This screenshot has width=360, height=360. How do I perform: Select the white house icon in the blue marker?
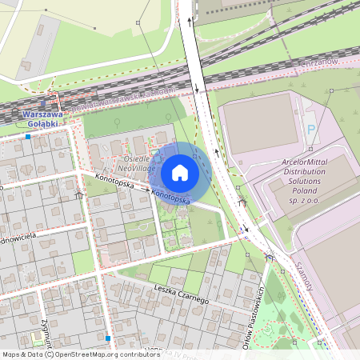coord(180,173)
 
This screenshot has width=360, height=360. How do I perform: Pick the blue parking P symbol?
coord(310,129)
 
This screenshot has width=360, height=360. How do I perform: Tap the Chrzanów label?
coord(317,62)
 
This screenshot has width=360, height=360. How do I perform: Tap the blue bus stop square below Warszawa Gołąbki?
coord(28,137)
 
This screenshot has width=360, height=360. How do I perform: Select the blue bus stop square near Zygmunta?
coord(108,338)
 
